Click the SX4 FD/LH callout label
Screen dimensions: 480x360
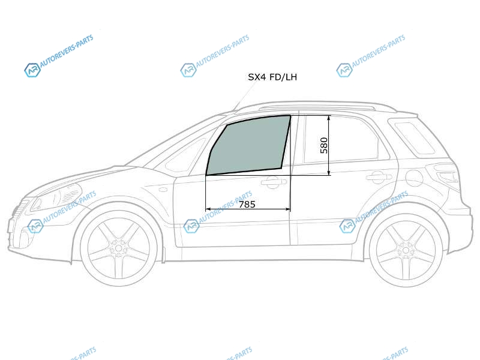[272, 77]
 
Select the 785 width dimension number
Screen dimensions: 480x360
[247, 204]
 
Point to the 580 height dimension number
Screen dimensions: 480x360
[323, 145]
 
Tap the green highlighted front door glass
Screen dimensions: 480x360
[248, 145]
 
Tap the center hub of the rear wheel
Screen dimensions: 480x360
[406, 250]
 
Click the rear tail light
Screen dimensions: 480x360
[446, 175]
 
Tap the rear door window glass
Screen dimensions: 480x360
[340, 139]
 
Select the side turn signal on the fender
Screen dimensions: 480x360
[163, 190]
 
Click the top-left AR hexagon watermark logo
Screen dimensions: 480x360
[32, 70]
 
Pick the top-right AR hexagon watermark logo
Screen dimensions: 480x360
[344, 70]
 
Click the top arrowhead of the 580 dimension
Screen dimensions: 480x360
[328, 118]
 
